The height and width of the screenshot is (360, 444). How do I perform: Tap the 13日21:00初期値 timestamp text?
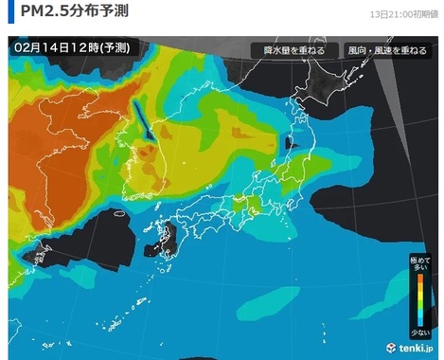click(401, 15)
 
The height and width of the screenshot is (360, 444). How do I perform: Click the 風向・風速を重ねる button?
click(386, 50)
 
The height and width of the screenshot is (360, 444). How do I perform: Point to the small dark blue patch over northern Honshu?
click(291, 144)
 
